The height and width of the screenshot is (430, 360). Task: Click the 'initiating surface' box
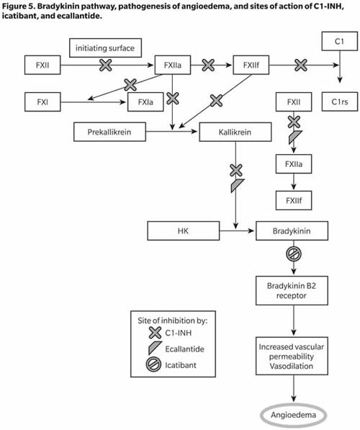[x=105, y=48]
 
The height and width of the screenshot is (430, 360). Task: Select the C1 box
[x=339, y=41]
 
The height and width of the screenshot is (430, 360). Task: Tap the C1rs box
[x=339, y=102]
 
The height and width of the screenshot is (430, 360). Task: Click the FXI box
[x=42, y=102]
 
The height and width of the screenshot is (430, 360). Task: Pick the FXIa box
[x=145, y=102]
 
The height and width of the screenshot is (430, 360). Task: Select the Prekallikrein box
[x=109, y=132]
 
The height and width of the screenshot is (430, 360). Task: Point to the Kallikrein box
[x=235, y=132]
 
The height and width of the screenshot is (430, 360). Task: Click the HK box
[x=184, y=231]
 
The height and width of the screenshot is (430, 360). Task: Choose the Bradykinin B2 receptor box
[x=292, y=291]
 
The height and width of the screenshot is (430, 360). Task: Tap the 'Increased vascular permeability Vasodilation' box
[x=292, y=356]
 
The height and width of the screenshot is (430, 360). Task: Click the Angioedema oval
[x=293, y=415]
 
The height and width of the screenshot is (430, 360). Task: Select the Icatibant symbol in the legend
[x=153, y=365]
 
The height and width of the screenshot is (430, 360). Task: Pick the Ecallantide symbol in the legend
[x=155, y=348]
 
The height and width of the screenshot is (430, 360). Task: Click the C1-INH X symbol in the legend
[x=155, y=333]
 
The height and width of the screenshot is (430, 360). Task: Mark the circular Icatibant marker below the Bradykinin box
[x=294, y=254]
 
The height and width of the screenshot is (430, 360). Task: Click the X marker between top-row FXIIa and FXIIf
[x=208, y=65]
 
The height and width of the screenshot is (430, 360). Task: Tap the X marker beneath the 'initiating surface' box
[x=106, y=65]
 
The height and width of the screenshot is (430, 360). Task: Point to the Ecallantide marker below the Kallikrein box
[x=237, y=185]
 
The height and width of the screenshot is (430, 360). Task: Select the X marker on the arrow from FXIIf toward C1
[x=301, y=65]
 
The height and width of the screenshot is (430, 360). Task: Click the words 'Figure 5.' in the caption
[x=18, y=6]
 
